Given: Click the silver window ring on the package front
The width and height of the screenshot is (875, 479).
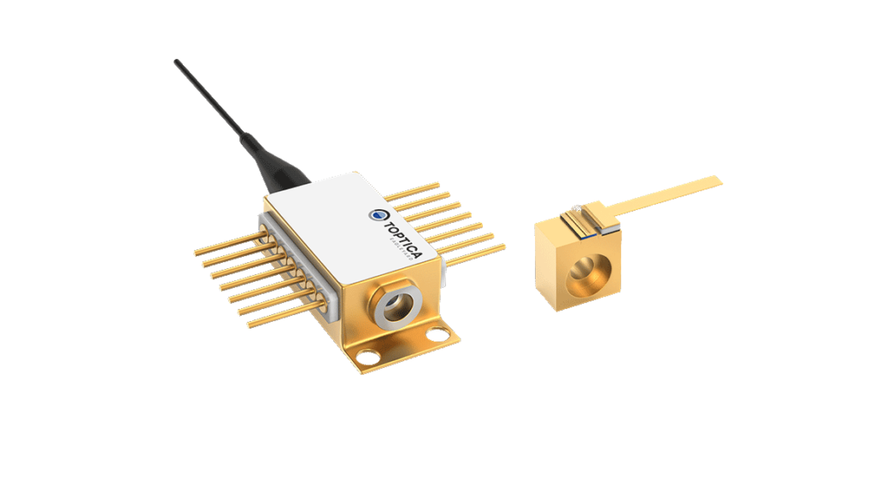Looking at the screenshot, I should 396,304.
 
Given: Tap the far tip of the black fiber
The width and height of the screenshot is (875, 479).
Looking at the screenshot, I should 175,61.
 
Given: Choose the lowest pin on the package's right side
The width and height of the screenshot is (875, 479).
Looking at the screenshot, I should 479,252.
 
